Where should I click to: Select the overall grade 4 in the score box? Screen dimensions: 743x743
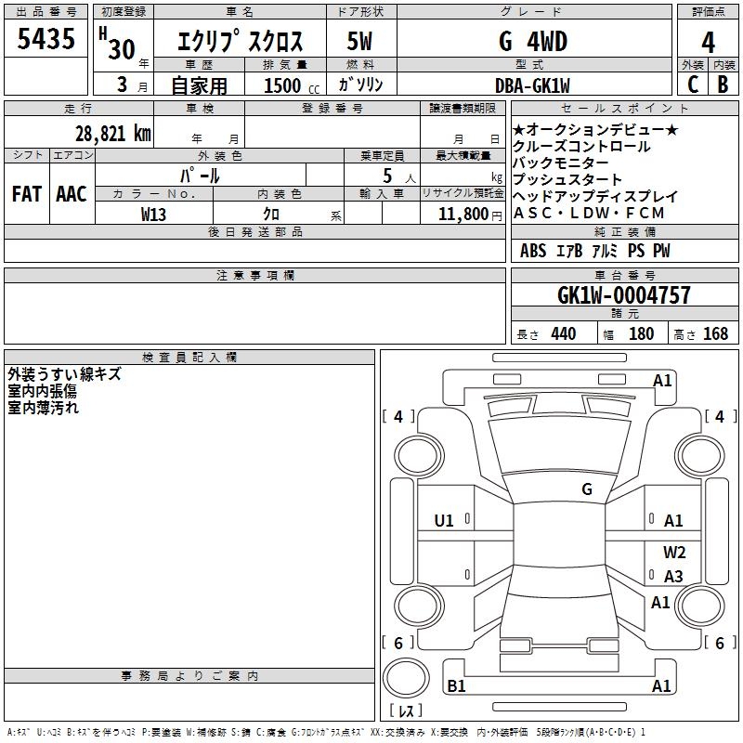click(x=708, y=42)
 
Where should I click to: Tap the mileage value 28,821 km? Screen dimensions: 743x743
click(x=112, y=133)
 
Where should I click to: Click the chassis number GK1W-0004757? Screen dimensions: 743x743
click(x=623, y=295)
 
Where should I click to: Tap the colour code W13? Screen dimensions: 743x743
click(x=154, y=214)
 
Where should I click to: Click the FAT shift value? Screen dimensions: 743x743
click(x=26, y=193)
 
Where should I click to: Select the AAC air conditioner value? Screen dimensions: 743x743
click(x=71, y=193)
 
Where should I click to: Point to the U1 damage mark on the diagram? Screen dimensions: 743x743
click(x=444, y=521)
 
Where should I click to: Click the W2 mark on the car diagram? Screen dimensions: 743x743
click(x=674, y=552)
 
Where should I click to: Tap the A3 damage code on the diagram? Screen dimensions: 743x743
click(x=673, y=577)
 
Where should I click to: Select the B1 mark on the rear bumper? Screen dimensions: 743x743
click(x=456, y=686)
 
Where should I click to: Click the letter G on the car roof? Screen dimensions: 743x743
click(x=587, y=489)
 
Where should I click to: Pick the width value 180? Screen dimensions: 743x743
click(x=641, y=333)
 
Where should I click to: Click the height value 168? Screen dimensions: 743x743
click(x=715, y=333)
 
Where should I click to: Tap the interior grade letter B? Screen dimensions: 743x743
click(x=723, y=83)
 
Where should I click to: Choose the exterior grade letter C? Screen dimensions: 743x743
click(x=692, y=83)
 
